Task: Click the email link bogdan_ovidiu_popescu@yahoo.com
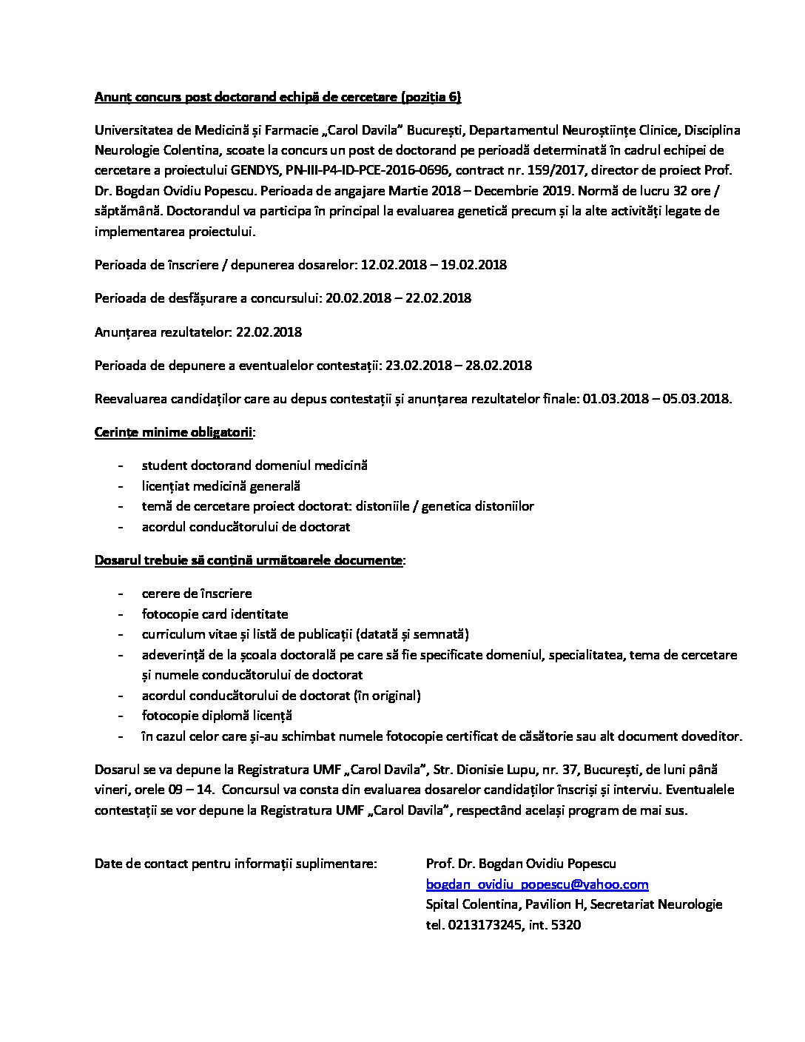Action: coord(537,884)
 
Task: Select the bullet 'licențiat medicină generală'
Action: coord(220,486)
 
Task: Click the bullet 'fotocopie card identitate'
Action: coord(215,614)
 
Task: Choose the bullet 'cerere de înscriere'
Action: coord(197,594)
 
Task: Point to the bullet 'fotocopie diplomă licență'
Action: coord(217,716)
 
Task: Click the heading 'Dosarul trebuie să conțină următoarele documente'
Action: coord(249,560)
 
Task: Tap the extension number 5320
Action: coord(566,925)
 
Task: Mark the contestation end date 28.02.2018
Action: coord(498,366)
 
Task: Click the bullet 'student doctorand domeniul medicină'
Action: coord(255,466)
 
